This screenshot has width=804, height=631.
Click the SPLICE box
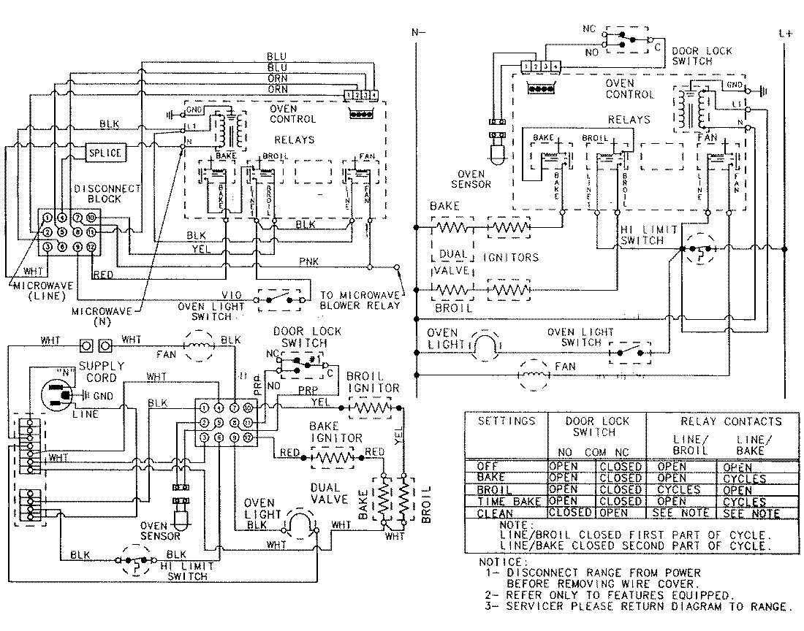click(x=105, y=153)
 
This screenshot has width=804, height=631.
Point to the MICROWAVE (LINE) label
click(x=45, y=290)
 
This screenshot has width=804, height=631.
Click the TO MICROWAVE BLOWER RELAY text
click(x=360, y=300)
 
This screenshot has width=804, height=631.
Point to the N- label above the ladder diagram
click(x=417, y=33)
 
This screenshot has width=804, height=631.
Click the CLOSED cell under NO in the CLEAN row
click(x=571, y=513)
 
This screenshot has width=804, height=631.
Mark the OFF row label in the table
click(x=488, y=467)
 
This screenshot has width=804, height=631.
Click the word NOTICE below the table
click(x=502, y=562)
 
